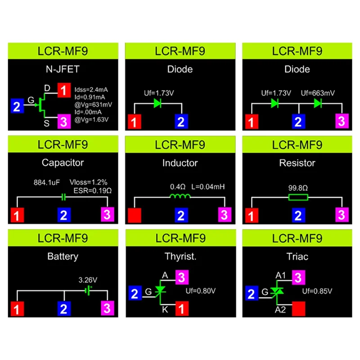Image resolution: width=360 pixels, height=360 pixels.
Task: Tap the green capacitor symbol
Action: [63, 197]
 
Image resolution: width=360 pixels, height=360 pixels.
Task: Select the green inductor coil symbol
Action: [180, 197]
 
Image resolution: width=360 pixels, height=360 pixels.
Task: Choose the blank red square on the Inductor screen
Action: [135, 215]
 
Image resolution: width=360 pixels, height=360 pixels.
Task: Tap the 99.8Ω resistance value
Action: [298, 186]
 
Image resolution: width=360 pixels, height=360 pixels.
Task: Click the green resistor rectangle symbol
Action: [298, 197]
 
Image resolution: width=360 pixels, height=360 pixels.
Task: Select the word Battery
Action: [63, 256]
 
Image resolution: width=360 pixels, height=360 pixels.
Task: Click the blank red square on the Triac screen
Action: [299, 309]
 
